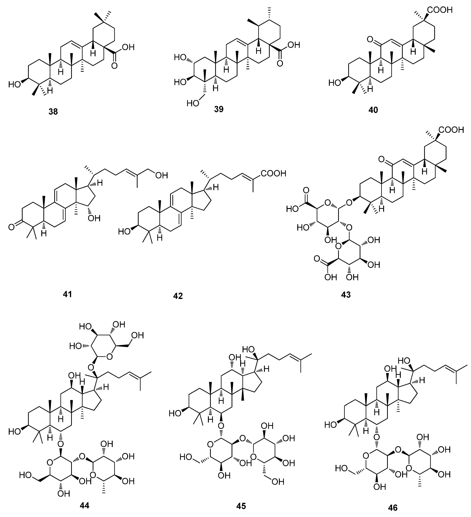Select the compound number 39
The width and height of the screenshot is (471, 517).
click(219, 109)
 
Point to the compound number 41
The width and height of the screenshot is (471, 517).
click(67, 294)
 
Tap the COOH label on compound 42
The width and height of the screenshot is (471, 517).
click(273, 174)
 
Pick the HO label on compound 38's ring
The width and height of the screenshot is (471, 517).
click(14, 84)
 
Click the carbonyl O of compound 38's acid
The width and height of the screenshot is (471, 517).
click(115, 66)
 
